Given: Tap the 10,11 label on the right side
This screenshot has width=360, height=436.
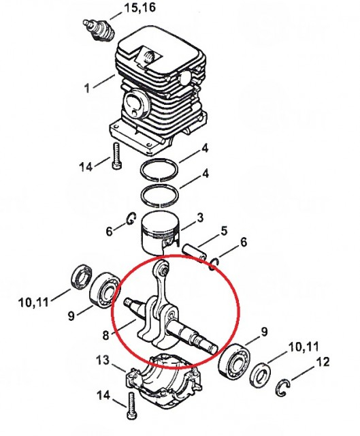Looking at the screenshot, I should click(x=303, y=347).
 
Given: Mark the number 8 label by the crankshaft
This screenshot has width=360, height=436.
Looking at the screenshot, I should click(x=105, y=334).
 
